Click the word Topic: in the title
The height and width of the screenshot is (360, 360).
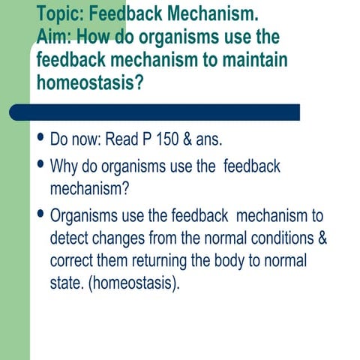[61, 15]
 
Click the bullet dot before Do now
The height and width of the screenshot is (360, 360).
[40, 139]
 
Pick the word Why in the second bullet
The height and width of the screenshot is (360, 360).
[66, 166]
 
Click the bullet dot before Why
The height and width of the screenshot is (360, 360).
[40, 164]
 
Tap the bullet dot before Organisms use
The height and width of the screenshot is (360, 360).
[40, 214]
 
